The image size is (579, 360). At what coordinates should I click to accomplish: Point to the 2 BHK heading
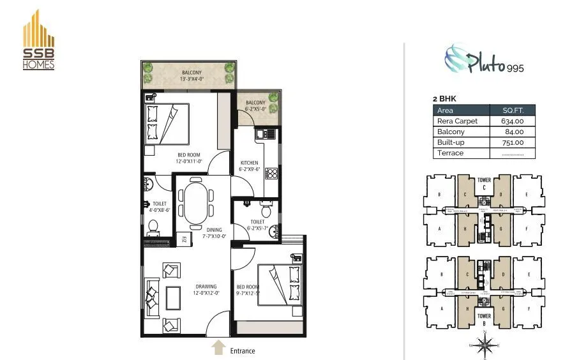point(446,98)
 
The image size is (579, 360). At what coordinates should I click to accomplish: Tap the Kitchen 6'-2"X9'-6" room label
point(249,166)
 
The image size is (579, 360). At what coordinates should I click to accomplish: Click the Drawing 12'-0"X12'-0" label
point(207,290)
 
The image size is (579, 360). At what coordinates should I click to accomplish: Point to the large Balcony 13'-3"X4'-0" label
point(192,77)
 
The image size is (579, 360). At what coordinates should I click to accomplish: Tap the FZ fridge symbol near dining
point(183,240)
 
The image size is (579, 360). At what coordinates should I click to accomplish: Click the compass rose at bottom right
point(488,345)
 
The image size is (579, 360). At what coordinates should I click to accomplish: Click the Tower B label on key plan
point(485,319)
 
